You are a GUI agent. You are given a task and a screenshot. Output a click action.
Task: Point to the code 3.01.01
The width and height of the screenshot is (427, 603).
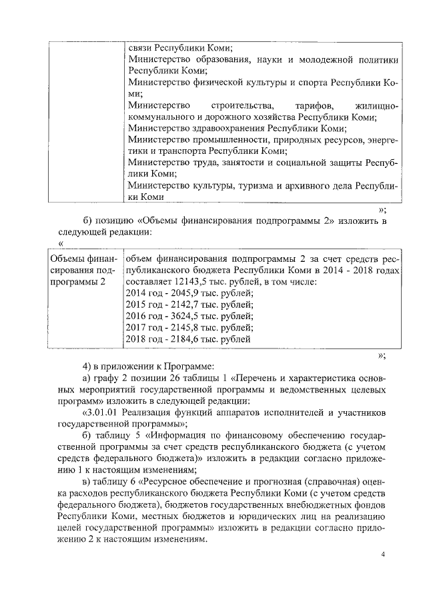101,412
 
